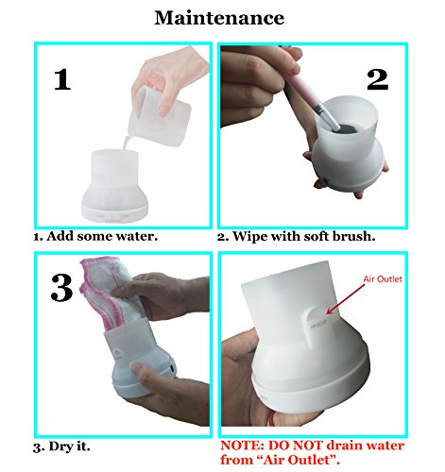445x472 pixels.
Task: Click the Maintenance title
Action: pos(219,18)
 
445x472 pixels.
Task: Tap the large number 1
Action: pos(62,79)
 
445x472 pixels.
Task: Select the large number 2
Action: pos(377,79)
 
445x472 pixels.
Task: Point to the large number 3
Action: pos(61,288)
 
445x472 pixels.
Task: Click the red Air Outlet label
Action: pos(383,279)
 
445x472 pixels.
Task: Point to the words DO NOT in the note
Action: pos(296,446)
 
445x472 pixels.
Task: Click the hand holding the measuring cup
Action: pos(168,78)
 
